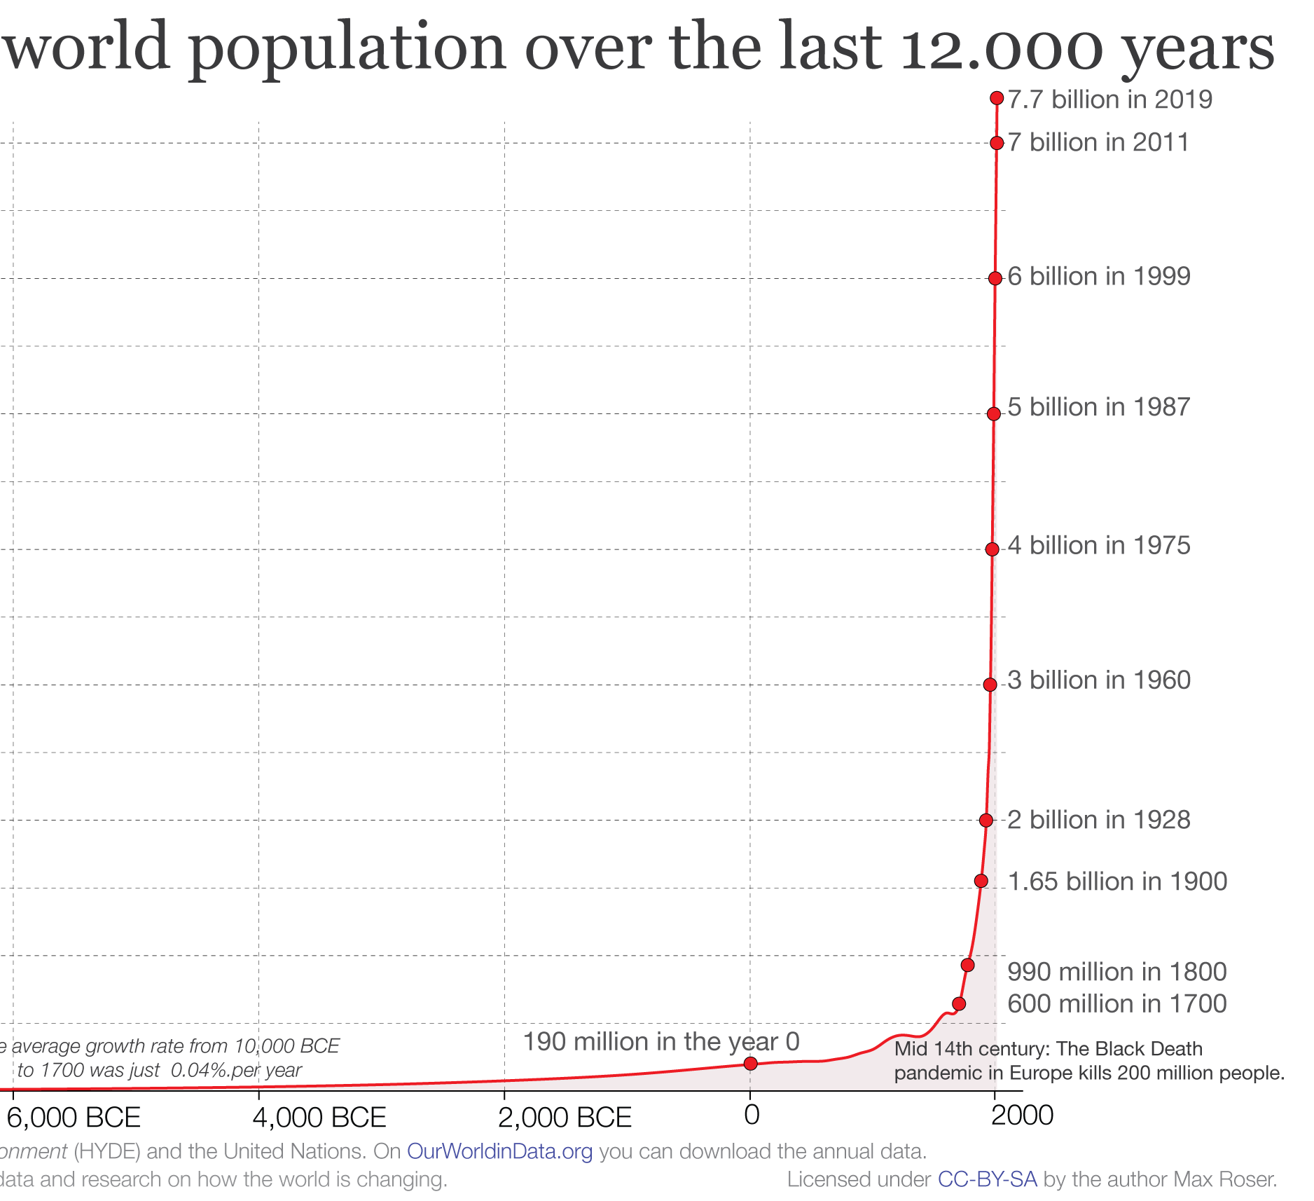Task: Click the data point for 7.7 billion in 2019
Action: (x=997, y=98)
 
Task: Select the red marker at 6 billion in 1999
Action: (x=995, y=278)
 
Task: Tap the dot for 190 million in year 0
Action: (x=750, y=1064)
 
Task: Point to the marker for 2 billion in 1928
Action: (x=986, y=820)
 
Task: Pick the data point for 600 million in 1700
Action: (x=959, y=1004)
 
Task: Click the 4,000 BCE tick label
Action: (x=319, y=1117)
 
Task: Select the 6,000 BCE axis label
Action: (x=74, y=1117)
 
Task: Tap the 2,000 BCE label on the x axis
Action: (x=565, y=1117)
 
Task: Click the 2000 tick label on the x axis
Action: (x=1023, y=1115)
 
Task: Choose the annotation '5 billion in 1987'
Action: (x=1098, y=407)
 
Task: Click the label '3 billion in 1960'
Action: (x=1098, y=680)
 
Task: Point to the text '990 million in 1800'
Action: (x=1116, y=972)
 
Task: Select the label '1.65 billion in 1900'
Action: (x=1117, y=881)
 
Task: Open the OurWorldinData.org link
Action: (x=499, y=1151)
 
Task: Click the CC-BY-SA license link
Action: (x=987, y=1179)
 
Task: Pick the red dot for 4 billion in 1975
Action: (x=992, y=549)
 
